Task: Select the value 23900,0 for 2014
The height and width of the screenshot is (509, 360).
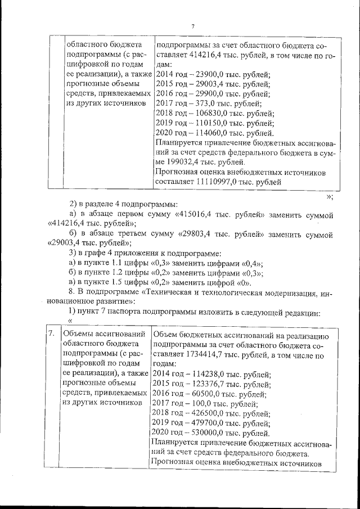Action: [x=206, y=74]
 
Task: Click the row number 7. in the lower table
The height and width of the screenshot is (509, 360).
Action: [x=51, y=334]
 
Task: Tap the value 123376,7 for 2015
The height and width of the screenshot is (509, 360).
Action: [x=208, y=385]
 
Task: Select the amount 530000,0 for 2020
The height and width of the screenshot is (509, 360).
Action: [x=208, y=433]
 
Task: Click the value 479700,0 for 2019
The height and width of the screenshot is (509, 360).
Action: [x=208, y=424]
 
